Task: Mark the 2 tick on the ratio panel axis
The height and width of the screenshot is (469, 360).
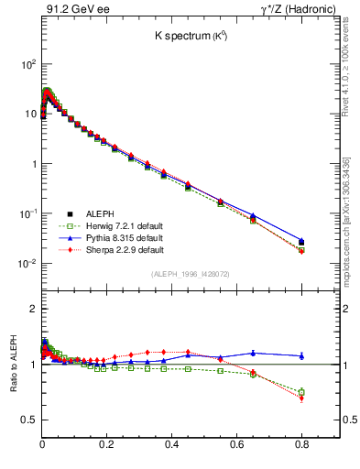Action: [x=32, y=310]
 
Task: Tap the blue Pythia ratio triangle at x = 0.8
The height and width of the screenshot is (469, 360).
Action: [x=301, y=355]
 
